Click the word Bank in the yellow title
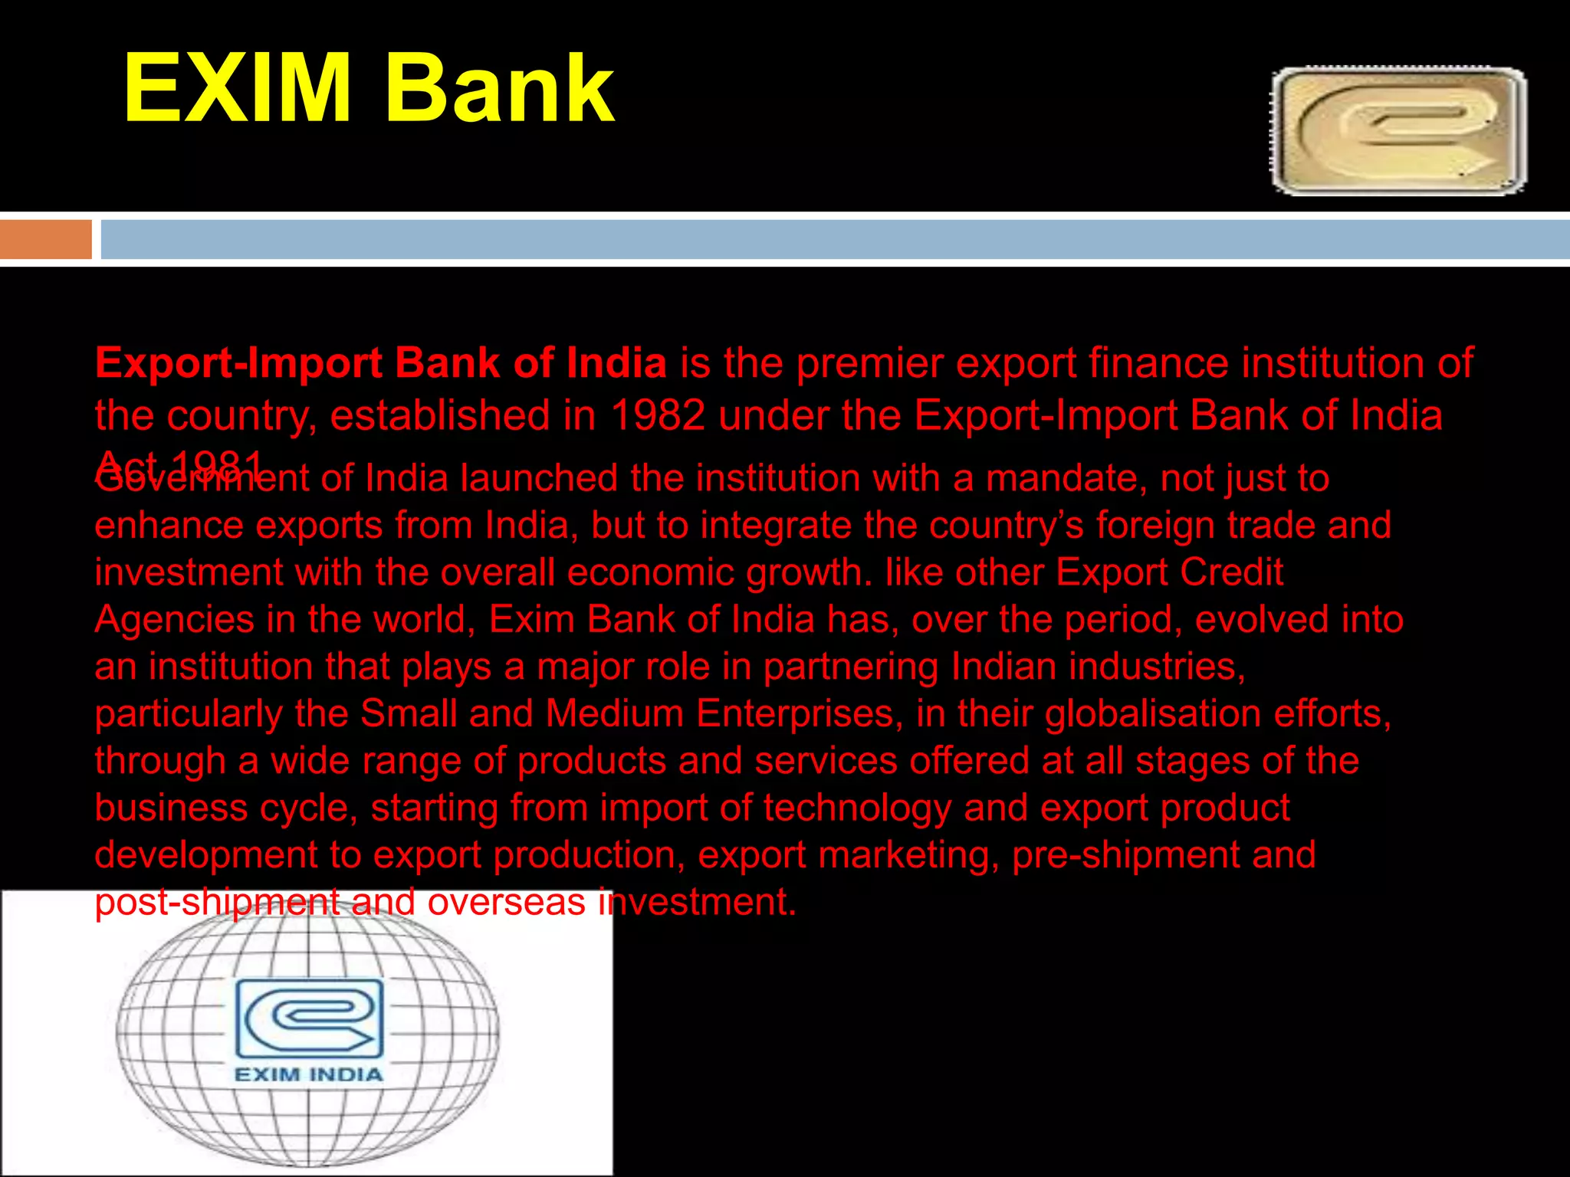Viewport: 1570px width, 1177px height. click(498, 88)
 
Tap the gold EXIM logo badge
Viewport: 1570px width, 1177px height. click(1398, 131)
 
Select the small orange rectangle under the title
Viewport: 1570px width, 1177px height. click(46, 239)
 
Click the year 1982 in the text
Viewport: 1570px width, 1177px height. click(658, 416)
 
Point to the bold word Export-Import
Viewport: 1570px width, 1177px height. click(238, 363)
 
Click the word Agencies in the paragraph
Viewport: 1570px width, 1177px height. click(174, 620)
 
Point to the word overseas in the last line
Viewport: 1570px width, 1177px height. click(507, 903)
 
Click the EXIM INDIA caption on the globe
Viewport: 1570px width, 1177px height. click(308, 1074)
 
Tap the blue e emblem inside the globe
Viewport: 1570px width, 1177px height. click(308, 1018)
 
